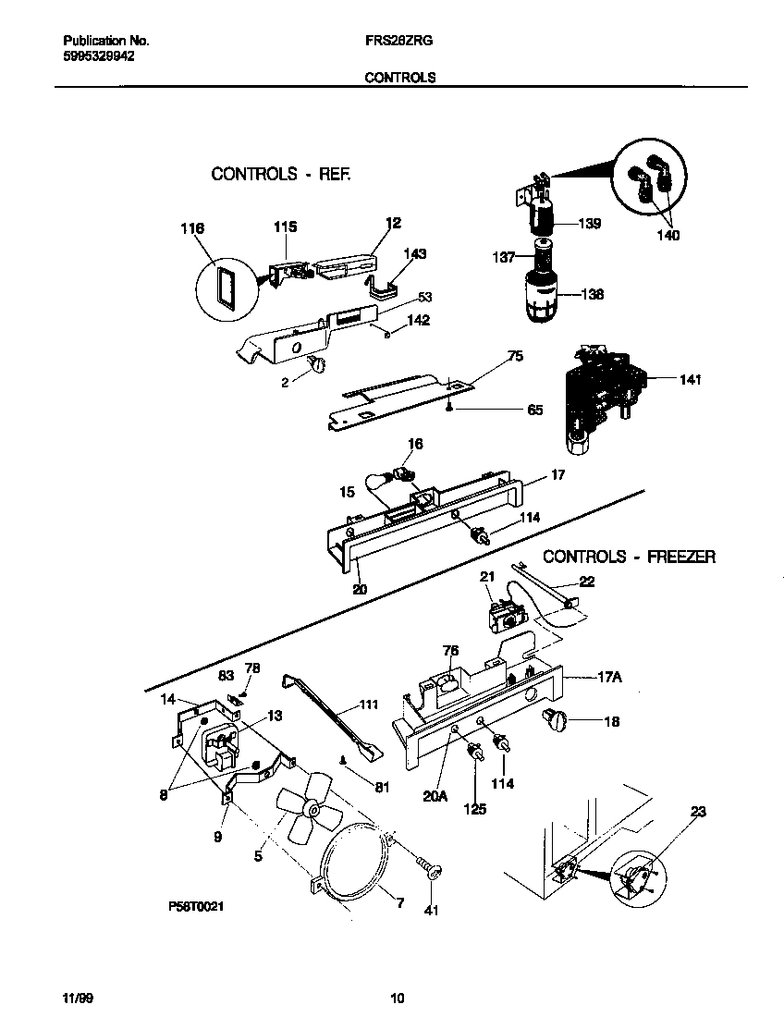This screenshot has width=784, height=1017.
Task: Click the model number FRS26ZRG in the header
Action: tap(399, 42)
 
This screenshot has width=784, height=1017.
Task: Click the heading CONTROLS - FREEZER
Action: tap(629, 557)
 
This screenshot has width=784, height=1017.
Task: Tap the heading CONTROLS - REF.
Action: tap(281, 174)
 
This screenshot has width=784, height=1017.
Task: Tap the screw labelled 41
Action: tap(427, 868)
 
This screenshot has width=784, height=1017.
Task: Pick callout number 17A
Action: tap(606, 677)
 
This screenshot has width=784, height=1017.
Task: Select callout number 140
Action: tap(668, 236)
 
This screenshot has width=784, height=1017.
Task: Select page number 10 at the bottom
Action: tap(397, 998)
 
